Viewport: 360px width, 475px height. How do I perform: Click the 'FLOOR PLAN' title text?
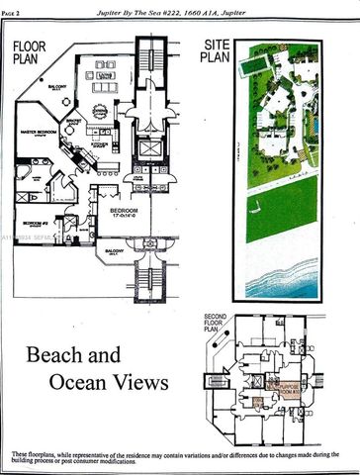[x=31, y=50]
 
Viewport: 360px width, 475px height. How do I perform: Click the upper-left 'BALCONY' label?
[x=57, y=87]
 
